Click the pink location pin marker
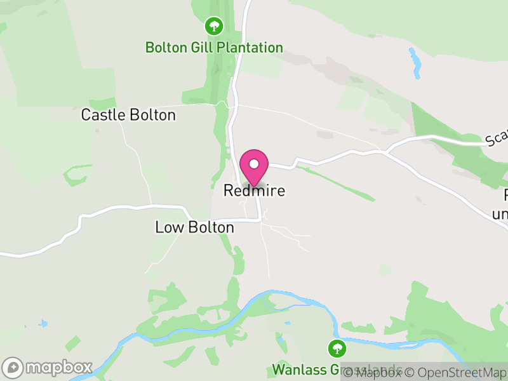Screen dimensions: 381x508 tap(254, 167)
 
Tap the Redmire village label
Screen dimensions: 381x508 tap(254, 190)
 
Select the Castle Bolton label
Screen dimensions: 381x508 tap(128, 115)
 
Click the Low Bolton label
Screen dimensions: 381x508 tap(194, 227)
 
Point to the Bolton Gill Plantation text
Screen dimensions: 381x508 tap(214, 48)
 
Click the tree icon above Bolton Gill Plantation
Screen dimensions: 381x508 tap(214, 26)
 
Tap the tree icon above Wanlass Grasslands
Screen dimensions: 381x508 tap(337, 348)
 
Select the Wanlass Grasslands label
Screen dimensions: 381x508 tap(337, 369)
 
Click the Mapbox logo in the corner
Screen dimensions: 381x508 tap(48, 367)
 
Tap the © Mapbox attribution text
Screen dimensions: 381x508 tap(373, 373)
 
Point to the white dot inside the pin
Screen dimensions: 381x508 tap(254, 163)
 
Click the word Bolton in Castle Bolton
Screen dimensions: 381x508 tap(152, 115)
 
